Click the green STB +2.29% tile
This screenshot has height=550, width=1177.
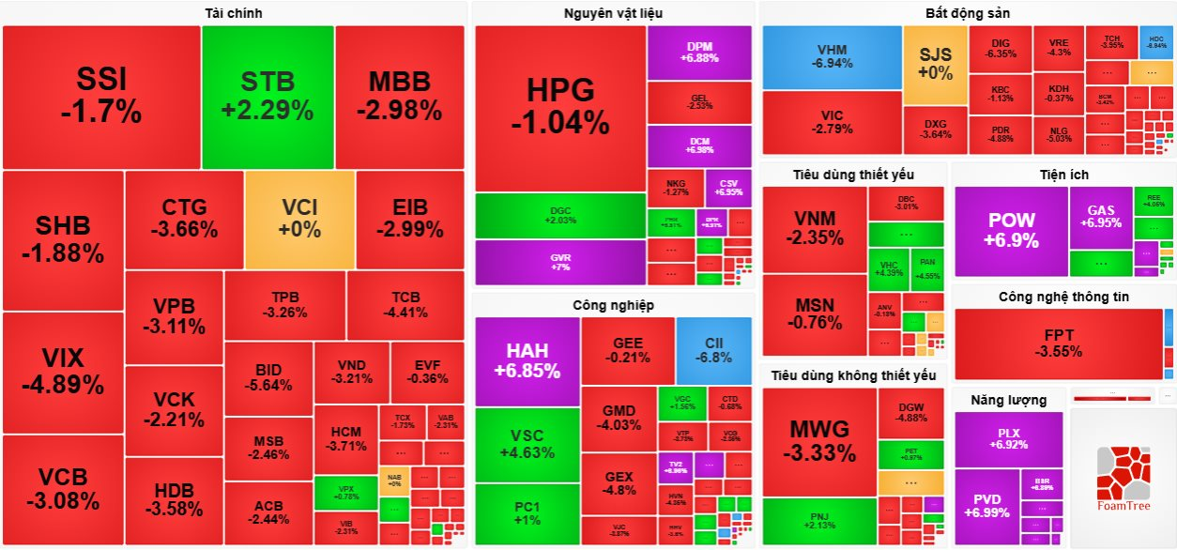click(x=267, y=97)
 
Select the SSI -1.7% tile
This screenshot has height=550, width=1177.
click(x=101, y=97)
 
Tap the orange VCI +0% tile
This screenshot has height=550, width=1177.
click(x=300, y=218)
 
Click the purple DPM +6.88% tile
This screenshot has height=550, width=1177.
click(x=699, y=52)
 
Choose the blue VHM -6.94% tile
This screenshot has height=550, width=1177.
click(x=832, y=56)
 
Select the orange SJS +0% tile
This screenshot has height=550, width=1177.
click(x=935, y=64)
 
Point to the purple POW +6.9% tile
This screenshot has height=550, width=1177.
click(x=1012, y=231)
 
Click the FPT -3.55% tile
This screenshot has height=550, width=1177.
click(x=1058, y=344)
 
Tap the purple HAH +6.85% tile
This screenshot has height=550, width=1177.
click(x=527, y=360)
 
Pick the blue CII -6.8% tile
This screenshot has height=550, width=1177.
click(x=713, y=350)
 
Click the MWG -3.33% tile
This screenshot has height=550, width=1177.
click(x=818, y=441)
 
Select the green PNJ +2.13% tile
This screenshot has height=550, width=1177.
click(x=818, y=521)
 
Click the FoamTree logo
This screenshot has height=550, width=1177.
click(x=1122, y=479)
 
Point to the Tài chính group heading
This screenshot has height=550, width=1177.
click(x=234, y=13)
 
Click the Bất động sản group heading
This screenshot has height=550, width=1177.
click(x=967, y=13)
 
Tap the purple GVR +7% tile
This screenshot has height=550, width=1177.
click(x=560, y=262)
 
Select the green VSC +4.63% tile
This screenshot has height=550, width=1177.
click(x=527, y=443)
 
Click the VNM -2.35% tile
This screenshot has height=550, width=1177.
click(x=814, y=228)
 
